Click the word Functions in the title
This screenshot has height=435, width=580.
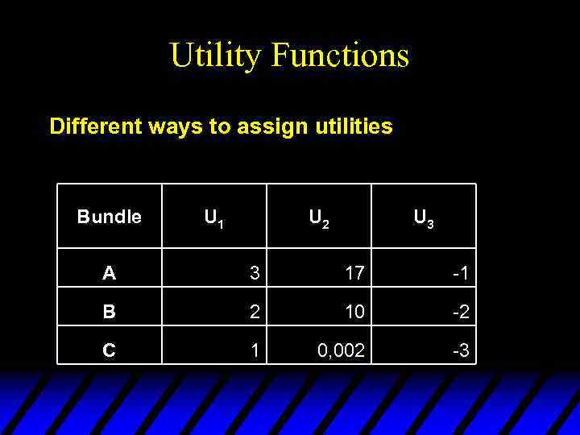[x=340, y=56]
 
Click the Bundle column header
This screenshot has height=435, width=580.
[x=110, y=217]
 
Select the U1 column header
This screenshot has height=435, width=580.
[x=213, y=217]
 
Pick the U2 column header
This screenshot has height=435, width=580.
[x=319, y=217]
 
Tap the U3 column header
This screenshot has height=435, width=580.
[x=424, y=217]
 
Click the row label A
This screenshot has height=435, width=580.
[x=109, y=274]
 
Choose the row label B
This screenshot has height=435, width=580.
[x=109, y=312]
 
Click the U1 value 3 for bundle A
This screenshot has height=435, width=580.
[x=255, y=274]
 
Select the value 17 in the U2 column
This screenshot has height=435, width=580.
[x=354, y=274]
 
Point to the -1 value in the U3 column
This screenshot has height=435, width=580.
[x=461, y=274]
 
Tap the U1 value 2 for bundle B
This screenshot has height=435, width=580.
[x=255, y=312]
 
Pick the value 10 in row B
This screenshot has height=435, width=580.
[x=354, y=312]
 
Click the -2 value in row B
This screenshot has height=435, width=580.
[x=461, y=312]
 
